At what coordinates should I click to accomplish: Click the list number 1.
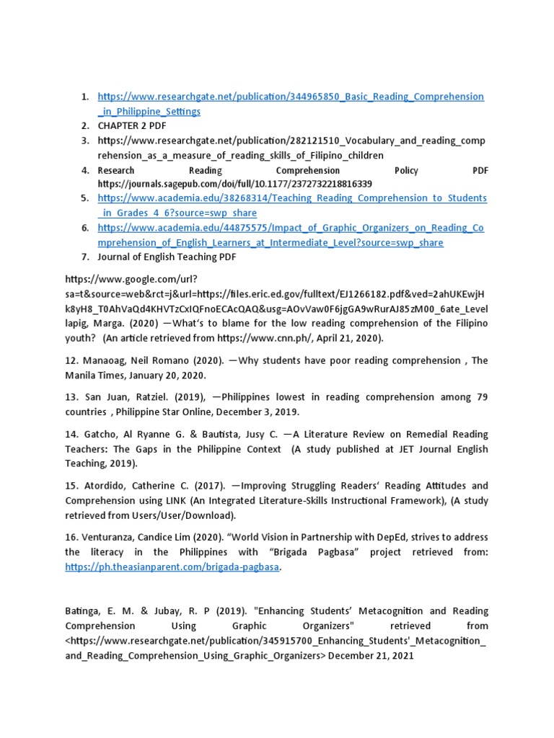click(x=84, y=97)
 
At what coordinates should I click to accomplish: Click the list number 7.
click(x=84, y=257)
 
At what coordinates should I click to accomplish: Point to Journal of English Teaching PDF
click(x=167, y=257)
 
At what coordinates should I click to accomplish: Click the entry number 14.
click(x=72, y=434)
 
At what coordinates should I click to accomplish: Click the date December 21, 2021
click(x=371, y=656)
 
